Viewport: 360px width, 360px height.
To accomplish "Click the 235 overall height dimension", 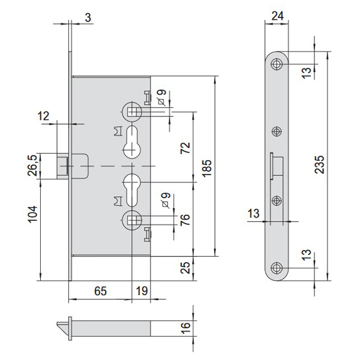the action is (320, 164).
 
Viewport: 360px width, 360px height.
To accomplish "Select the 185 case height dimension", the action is (207, 168).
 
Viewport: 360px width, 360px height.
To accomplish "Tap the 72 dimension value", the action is (185, 148).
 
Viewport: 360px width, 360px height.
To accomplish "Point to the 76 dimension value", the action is (185, 220).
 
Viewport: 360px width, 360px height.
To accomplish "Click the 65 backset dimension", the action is (101, 291).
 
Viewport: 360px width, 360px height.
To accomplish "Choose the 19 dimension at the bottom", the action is (142, 291).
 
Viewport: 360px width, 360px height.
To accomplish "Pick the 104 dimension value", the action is (32, 214).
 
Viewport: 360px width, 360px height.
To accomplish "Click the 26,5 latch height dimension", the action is (32, 166).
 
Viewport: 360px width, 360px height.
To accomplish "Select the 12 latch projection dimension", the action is (43, 116).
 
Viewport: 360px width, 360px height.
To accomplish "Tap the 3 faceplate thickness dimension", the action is (88, 17).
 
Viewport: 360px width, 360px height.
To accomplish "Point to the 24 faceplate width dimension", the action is (278, 16).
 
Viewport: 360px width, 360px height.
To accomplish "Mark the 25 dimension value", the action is (185, 268).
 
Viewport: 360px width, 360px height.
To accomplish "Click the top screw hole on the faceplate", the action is (277, 64).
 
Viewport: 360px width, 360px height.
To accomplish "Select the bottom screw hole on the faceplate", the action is (277, 268).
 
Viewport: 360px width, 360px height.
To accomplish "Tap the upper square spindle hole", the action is (132, 112).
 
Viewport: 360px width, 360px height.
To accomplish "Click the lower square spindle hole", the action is (132, 220).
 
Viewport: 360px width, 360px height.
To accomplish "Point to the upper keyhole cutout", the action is (132, 142).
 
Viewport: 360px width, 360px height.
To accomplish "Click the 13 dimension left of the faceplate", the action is (253, 214).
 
